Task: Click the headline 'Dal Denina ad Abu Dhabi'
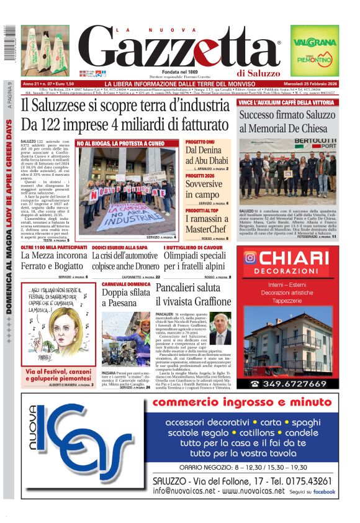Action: (x=207, y=156)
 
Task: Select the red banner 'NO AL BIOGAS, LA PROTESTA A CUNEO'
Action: (x=125, y=143)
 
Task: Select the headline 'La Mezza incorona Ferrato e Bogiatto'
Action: (x=54, y=261)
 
